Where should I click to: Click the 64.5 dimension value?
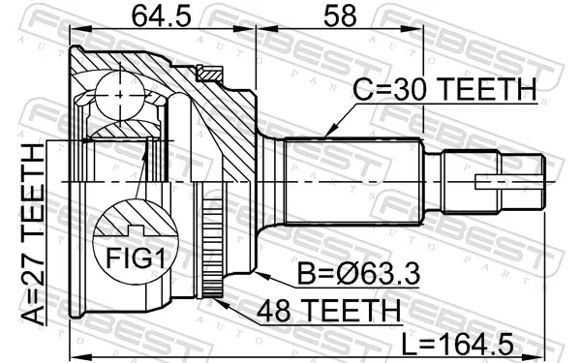(x=162, y=16)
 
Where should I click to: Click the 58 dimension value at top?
(x=340, y=16)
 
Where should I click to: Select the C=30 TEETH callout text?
(x=444, y=89)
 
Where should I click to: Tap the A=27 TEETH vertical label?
(x=33, y=235)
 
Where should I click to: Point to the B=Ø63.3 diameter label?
(x=358, y=273)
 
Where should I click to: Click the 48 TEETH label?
(x=328, y=311)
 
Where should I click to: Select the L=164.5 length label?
(x=458, y=344)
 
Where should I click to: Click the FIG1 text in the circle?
(x=136, y=257)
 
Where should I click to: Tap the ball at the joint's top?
(x=120, y=95)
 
